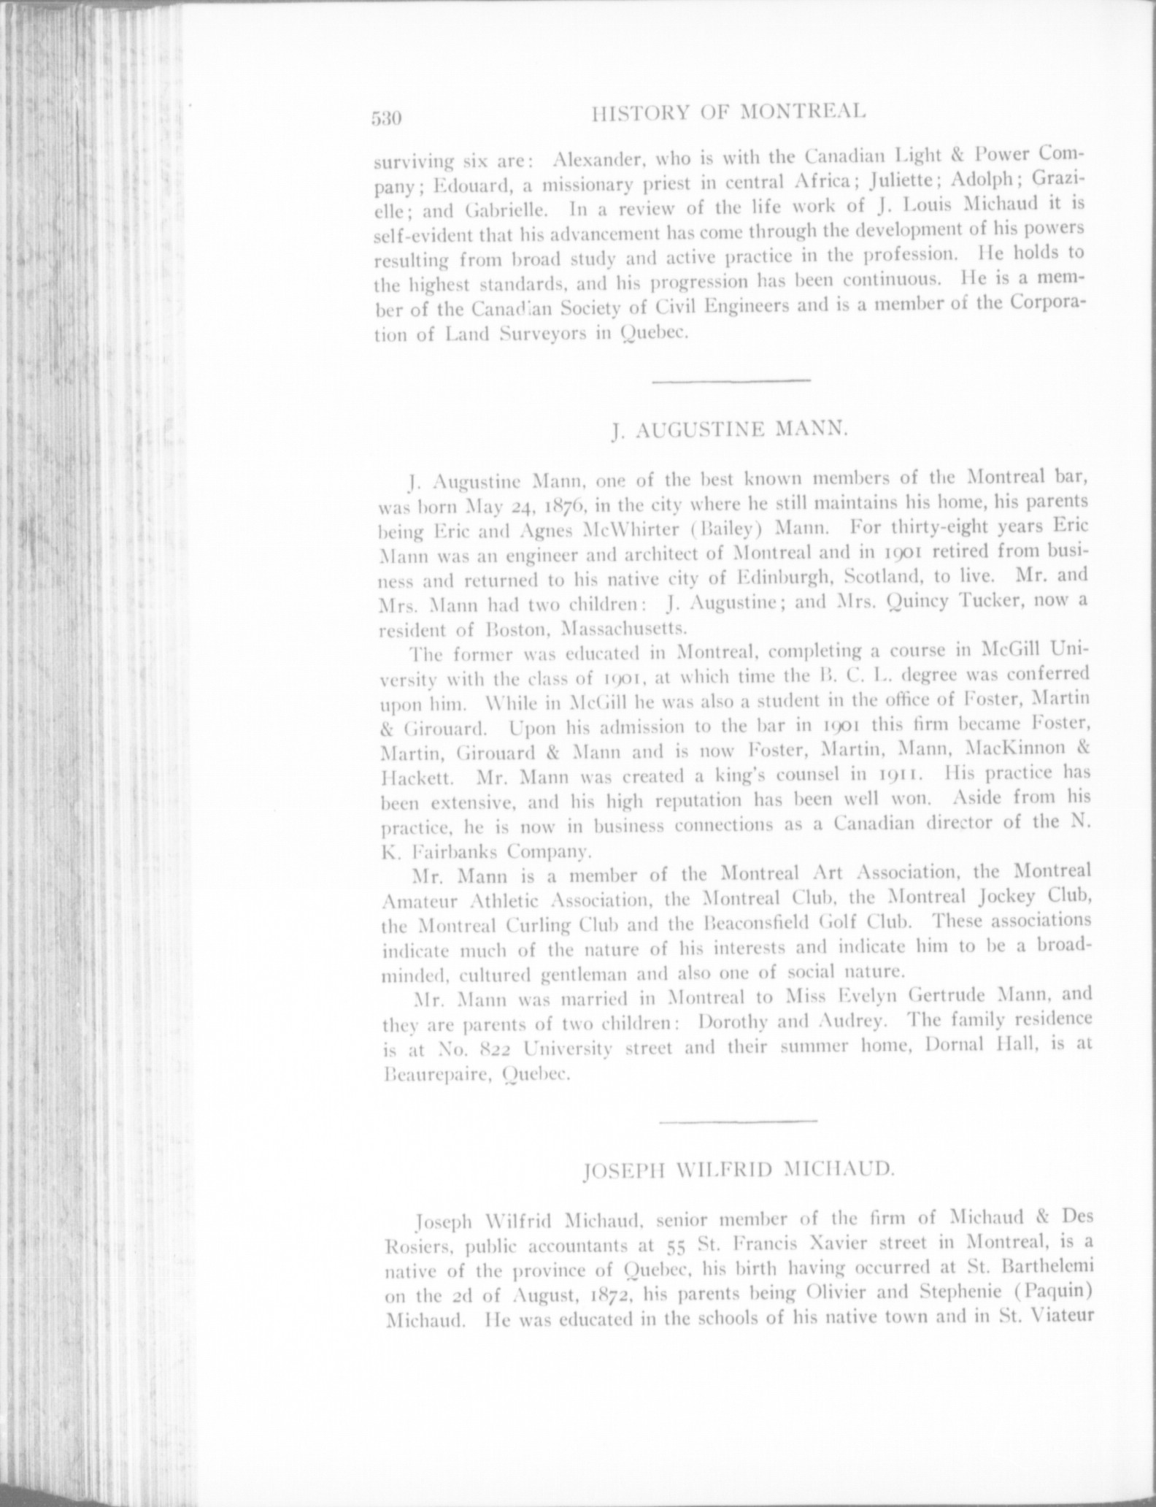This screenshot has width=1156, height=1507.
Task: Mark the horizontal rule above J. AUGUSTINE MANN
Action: click(x=731, y=380)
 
